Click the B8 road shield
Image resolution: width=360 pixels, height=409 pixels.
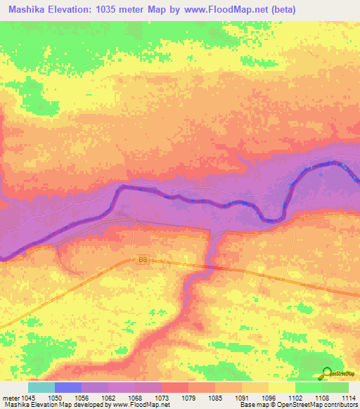click(x=143, y=259)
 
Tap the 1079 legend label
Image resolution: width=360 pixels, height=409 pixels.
click(x=188, y=397)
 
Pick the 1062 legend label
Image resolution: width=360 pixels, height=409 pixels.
click(x=108, y=397)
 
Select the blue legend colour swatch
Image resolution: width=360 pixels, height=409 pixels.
click(x=68, y=387)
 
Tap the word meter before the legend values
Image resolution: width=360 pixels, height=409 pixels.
click(x=11, y=397)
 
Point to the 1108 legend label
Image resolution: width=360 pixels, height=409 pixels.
click(x=321, y=397)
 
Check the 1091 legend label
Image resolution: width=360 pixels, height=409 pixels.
click(x=242, y=397)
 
